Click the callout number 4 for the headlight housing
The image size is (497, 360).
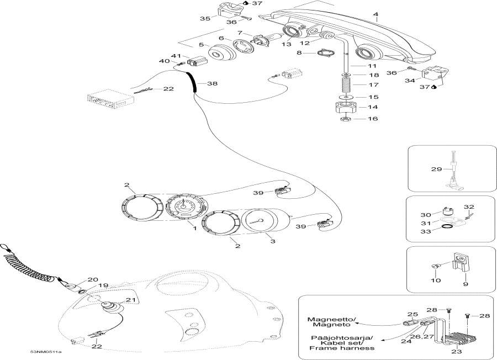pyautogui.click(x=376, y=14)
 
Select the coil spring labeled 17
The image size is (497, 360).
pyautogui.click(x=346, y=84)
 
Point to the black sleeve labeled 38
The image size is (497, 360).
pyautogui.click(x=192, y=82)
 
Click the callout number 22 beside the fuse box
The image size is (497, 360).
pyautogui.click(x=168, y=89)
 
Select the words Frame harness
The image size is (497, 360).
pyautogui.click(x=342, y=348)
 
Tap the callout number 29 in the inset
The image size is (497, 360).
pyautogui.click(x=436, y=169)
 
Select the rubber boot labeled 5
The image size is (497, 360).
pyautogui.click(x=222, y=55)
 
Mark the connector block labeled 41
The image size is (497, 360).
pyautogui.click(x=197, y=60)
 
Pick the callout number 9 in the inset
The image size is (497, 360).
pyautogui.click(x=466, y=284)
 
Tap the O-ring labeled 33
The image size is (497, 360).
pyautogui.click(x=447, y=226)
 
